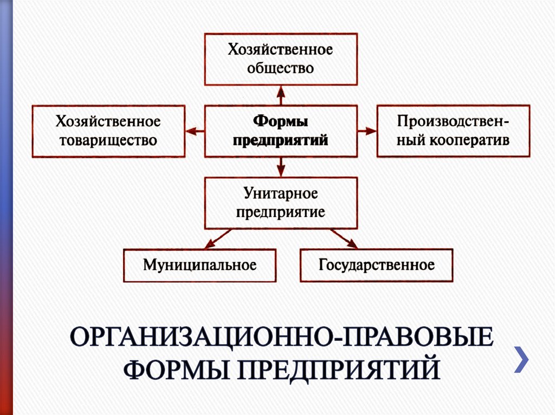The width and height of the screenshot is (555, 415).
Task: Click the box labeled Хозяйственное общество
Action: (x=280, y=60)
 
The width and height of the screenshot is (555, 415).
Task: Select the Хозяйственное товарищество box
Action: (x=108, y=131)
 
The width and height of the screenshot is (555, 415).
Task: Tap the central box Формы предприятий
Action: (x=280, y=131)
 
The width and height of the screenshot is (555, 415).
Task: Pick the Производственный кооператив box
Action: (x=453, y=131)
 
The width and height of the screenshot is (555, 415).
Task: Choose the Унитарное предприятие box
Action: (x=280, y=203)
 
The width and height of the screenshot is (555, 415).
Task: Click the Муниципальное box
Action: (x=200, y=266)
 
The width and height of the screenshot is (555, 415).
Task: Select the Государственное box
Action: (x=377, y=266)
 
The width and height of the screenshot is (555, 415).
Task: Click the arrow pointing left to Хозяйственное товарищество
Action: (x=195, y=131)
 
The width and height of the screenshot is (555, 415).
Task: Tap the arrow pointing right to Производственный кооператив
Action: (x=367, y=131)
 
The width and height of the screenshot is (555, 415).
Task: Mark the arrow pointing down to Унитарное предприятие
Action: (x=280, y=167)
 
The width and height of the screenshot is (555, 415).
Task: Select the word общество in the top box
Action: (x=280, y=69)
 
